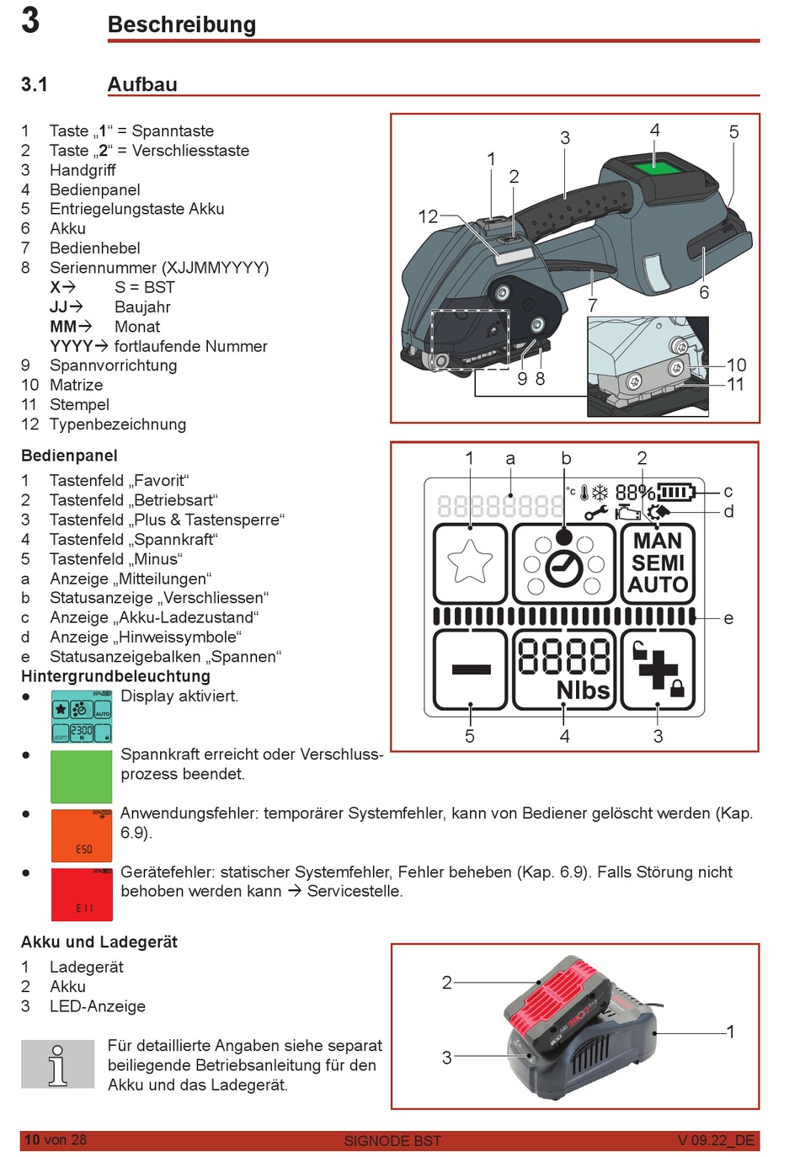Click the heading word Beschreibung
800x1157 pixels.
click(x=181, y=24)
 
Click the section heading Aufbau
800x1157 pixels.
click(x=142, y=84)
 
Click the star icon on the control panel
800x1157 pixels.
click(x=470, y=562)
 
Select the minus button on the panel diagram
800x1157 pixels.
click(x=471, y=670)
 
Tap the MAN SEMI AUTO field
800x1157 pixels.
click(x=659, y=563)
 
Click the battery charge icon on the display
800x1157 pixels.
click(x=676, y=492)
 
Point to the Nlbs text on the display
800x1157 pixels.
click(x=583, y=690)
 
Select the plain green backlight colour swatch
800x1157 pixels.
click(x=81, y=776)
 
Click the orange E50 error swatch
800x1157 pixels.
click(x=81, y=834)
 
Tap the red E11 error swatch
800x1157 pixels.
click(x=81, y=893)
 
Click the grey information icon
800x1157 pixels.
click(x=57, y=1064)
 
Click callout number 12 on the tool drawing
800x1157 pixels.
click(x=428, y=216)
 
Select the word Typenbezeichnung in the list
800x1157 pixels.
click(x=118, y=424)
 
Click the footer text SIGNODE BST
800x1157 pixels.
click(x=392, y=1141)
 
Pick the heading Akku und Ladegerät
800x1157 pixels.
click(x=99, y=941)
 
